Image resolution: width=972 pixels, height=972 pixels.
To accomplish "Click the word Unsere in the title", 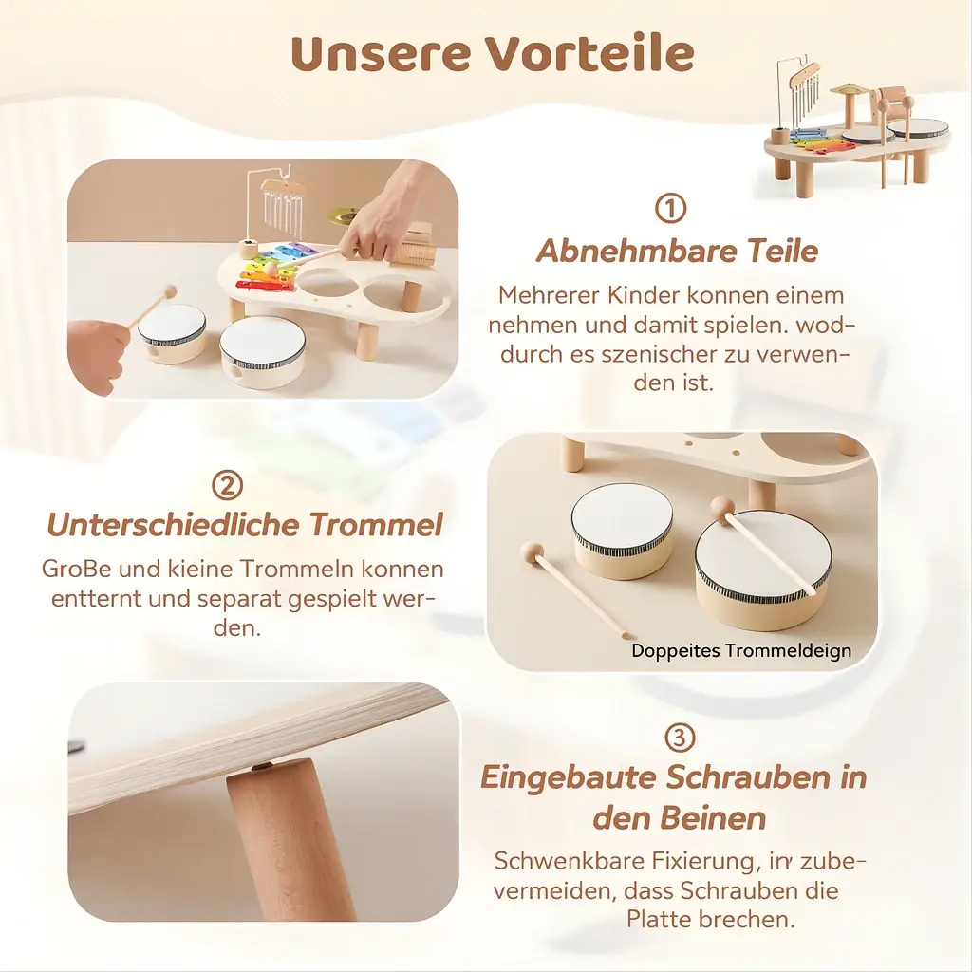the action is pos(382,53).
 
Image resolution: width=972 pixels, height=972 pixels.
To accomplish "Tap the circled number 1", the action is pos(671,208).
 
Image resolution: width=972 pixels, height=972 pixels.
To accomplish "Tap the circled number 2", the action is pos(228,485).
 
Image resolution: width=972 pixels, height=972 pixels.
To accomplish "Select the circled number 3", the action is pos(680,738).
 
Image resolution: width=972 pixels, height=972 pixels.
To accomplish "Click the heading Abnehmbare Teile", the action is pos(677,251).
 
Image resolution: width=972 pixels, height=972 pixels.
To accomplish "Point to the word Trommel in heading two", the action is pos(376,524).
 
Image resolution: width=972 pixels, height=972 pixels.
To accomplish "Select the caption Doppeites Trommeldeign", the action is pos(741,650).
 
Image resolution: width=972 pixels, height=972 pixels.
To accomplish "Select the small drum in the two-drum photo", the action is pos(622,531).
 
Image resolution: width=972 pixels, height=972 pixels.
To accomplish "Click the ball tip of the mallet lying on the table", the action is pos(532,551).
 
